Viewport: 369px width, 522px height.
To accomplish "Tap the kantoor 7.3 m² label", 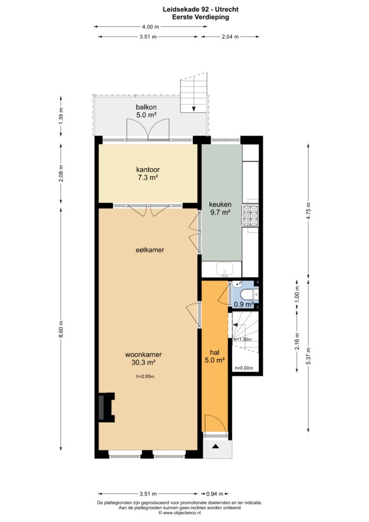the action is pyautogui.click(x=148, y=173).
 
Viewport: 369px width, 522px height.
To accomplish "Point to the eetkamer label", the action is pyautogui.click(x=150, y=250).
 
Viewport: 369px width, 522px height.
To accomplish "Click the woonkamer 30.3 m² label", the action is pyautogui.click(x=143, y=358).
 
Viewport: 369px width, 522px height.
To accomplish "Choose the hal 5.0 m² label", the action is pyautogui.click(x=215, y=356).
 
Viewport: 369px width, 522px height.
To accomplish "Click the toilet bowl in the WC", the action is pyautogui.click(x=247, y=294).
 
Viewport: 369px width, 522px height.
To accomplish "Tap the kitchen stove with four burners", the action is pyautogui.click(x=251, y=216).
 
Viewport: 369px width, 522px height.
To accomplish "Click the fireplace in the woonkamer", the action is pyautogui.click(x=106, y=407).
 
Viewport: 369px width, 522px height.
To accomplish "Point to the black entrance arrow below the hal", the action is pyautogui.click(x=216, y=447).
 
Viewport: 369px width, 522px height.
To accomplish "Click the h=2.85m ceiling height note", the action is pyautogui.click(x=145, y=377).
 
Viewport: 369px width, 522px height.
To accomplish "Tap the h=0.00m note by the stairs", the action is pyautogui.click(x=244, y=368).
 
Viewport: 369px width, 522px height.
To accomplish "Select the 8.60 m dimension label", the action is pyautogui.click(x=61, y=329).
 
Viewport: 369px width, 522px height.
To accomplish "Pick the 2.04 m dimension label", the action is pyautogui.click(x=230, y=37).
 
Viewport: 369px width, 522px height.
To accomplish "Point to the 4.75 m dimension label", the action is pyautogui.click(x=308, y=211).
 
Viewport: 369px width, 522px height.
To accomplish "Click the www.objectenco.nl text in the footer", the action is pyautogui.click(x=182, y=513).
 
